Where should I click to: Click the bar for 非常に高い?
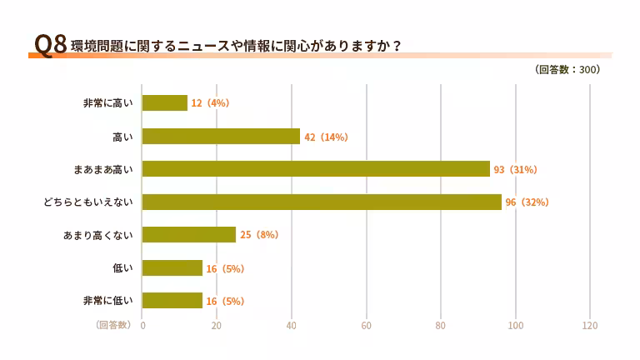coord(165,102)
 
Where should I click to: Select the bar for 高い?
coord(221,136)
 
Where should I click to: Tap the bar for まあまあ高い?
coord(316,169)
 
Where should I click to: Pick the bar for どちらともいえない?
coord(322,202)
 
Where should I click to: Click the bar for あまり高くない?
coord(189,235)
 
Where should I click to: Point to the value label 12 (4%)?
coord(210,103)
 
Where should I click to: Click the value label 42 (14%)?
coord(326,137)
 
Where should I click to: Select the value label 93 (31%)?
coord(515,169)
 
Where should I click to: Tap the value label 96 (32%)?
coord(527,202)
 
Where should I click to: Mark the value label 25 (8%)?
coord(259,235)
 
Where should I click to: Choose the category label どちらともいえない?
coord(88,202)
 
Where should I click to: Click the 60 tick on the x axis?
coord(366,325)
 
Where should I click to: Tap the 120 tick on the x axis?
coord(590,325)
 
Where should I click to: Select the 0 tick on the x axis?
coord(142,325)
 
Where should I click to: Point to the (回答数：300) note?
coord(567,70)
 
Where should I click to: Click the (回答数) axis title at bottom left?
coord(112,325)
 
